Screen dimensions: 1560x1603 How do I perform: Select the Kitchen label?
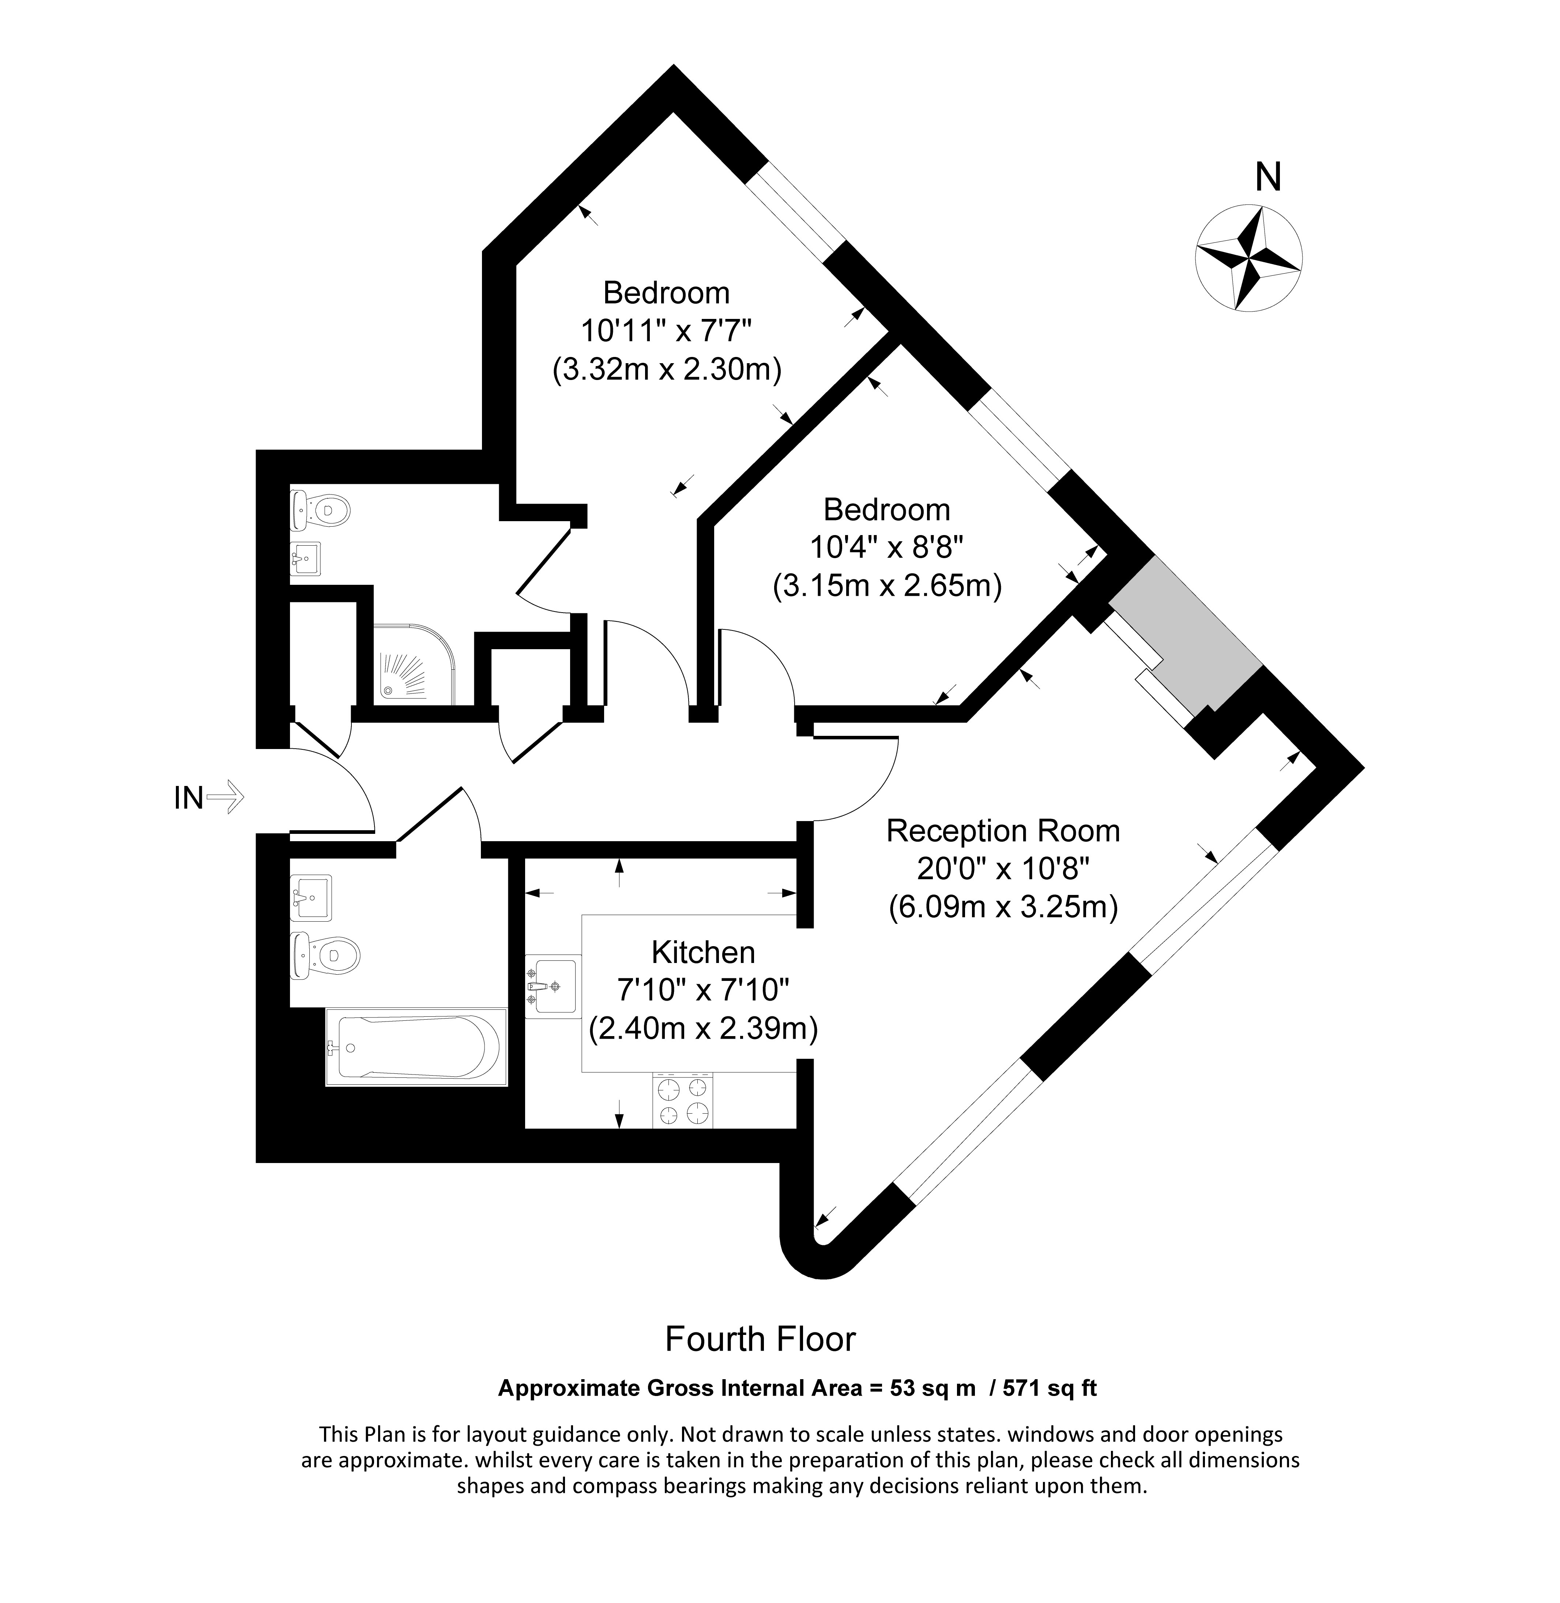pos(703,952)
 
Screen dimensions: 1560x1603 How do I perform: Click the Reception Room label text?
pos(1003,831)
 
